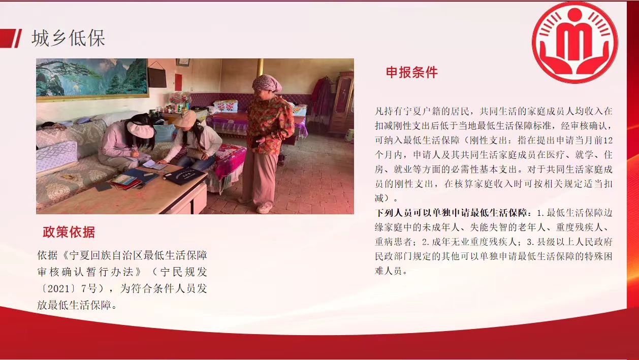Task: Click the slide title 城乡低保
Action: click(x=68, y=38)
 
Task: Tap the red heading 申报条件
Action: click(x=411, y=73)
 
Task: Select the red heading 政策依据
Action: click(x=69, y=232)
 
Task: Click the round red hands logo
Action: click(x=574, y=42)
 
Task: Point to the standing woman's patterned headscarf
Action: click(x=267, y=83)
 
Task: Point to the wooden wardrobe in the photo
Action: click(x=342, y=103)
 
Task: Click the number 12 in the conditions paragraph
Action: click(x=608, y=140)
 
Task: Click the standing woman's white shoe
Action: click(x=263, y=209)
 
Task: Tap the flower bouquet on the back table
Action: click(x=180, y=99)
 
